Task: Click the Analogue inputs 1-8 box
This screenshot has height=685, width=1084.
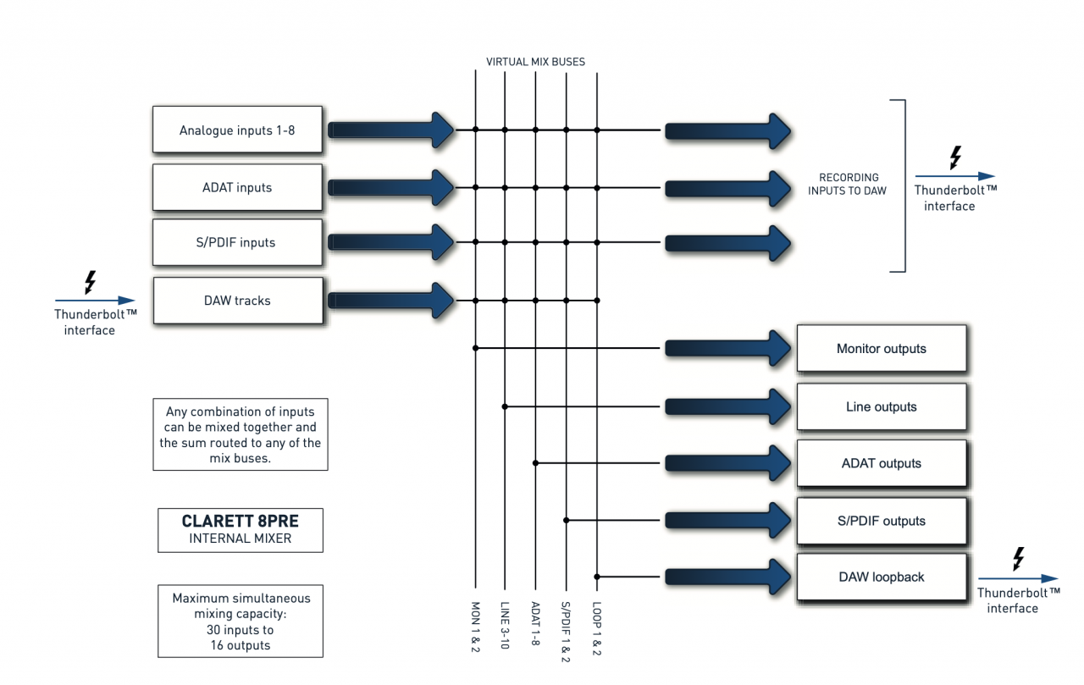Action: click(x=237, y=130)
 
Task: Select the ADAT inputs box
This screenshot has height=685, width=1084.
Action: click(x=237, y=187)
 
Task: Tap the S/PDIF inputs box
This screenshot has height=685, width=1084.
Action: click(x=237, y=242)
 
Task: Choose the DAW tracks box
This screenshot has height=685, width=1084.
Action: click(x=237, y=301)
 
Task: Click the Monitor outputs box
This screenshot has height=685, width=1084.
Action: click(x=881, y=348)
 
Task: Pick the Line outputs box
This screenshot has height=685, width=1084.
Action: click(x=881, y=406)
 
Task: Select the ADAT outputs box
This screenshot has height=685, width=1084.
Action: click(x=881, y=463)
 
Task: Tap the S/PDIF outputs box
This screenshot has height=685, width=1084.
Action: click(x=881, y=521)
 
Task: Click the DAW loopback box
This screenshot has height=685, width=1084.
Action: click(x=881, y=577)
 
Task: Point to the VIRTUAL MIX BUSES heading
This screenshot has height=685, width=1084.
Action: click(x=535, y=62)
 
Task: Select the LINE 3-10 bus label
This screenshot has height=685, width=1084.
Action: click(x=505, y=625)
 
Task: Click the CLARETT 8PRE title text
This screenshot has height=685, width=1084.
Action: click(x=241, y=522)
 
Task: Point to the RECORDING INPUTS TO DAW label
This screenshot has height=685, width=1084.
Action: click(x=849, y=184)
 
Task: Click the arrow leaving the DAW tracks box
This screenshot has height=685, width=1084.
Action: click(x=391, y=300)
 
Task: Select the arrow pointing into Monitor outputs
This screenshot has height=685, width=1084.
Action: click(x=728, y=347)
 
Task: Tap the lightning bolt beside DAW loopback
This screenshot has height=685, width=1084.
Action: click(x=1019, y=559)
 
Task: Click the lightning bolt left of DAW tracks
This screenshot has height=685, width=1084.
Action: click(x=90, y=283)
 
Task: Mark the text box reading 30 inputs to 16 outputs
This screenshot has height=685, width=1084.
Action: click(x=241, y=621)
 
